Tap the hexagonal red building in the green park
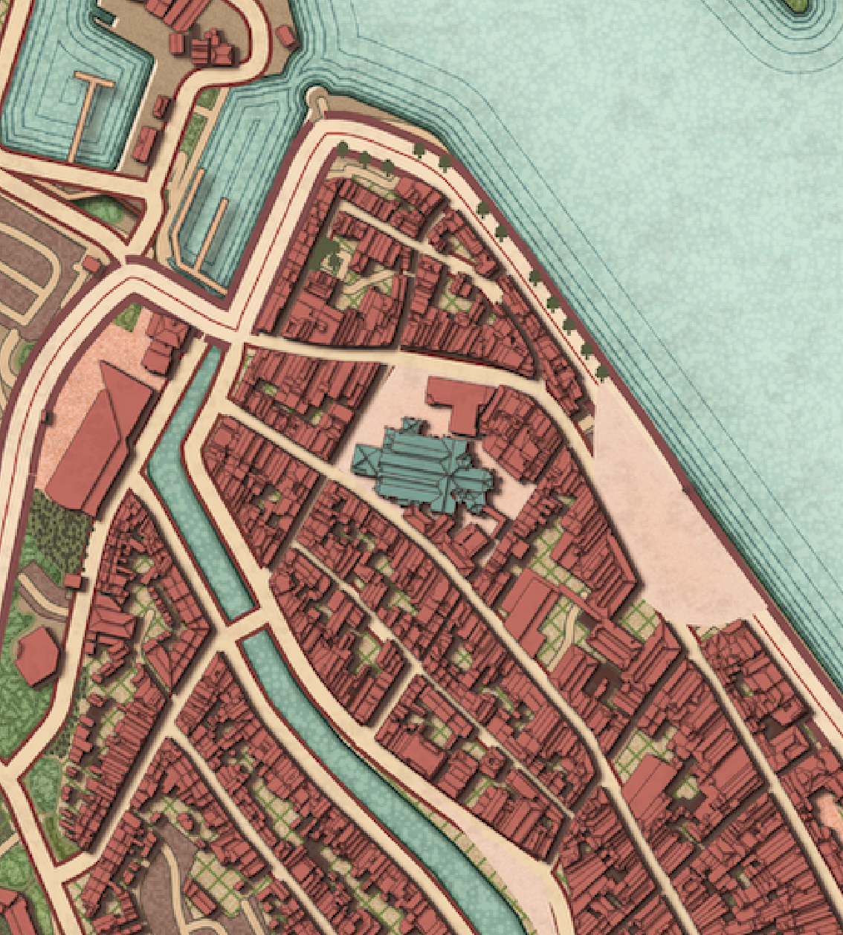[x=36, y=656]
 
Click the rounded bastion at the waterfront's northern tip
[x=317, y=97]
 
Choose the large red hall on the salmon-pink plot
[x=95, y=439]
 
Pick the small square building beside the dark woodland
[x=73, y=580]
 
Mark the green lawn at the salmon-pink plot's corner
[x=129, y=317]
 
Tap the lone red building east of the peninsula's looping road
[x=283, y=35]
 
